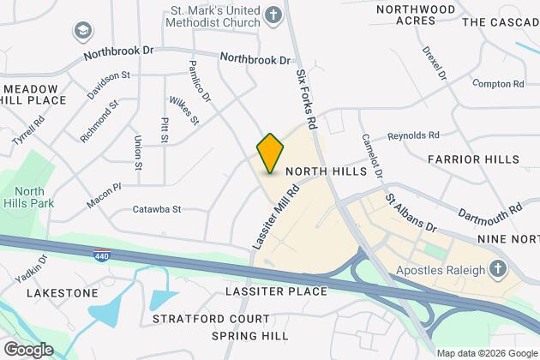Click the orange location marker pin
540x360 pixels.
(x=270, y=153)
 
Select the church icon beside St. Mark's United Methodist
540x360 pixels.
(x=272, y=15)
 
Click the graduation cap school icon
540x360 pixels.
(x=83, y=32)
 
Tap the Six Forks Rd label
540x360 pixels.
(x=307, y=100)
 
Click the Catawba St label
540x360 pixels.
(x=157, y=208)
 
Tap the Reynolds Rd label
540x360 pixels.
(x=413, y=135)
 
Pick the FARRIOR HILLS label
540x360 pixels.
(x=473, y=159)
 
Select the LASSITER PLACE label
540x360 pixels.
(x=275, y=291)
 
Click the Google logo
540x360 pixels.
(x=27, y=349)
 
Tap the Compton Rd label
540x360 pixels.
(x=498, y=84)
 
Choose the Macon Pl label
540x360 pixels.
(x=105, y=195)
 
